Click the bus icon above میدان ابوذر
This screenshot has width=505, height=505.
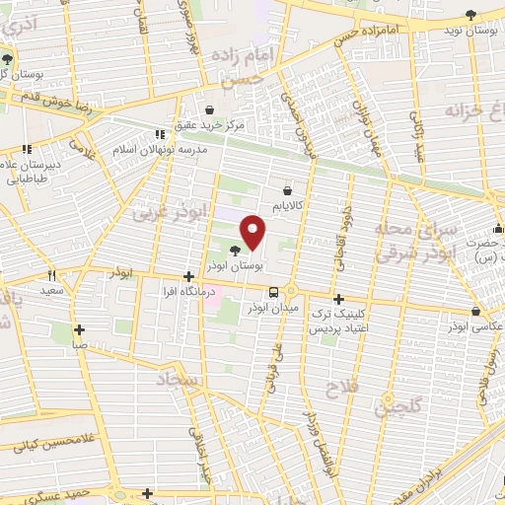point(273,292)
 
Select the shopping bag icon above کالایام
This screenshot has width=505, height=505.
point(287,189)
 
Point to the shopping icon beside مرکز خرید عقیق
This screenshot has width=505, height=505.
point(209,109)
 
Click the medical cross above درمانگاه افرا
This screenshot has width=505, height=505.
point(187,279)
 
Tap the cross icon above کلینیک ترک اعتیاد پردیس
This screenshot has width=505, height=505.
point(338,298)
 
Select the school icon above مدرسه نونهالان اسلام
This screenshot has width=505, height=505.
point(159,134)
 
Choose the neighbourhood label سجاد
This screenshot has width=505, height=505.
point(179,380)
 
